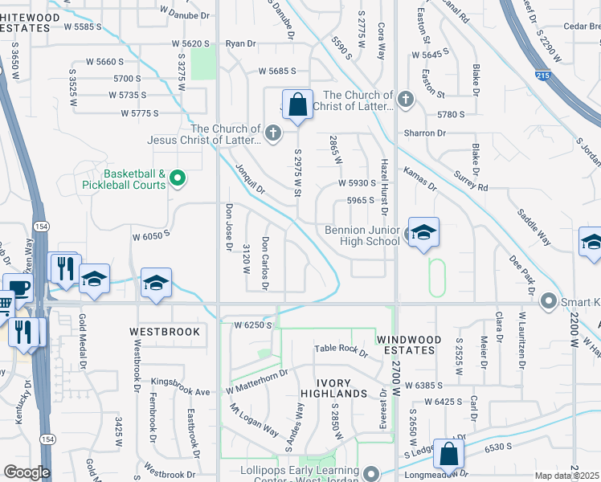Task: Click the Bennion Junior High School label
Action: point(362,236)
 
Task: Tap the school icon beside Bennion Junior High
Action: point(423,233)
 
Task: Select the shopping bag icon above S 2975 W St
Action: point(297,104)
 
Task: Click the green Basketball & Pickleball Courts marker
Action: point(179,178)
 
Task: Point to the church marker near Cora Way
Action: point(406,99)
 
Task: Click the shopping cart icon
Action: point(5,304)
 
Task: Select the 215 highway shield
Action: point(545,75)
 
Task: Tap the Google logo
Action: point(27,472)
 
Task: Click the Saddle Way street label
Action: point(534,228)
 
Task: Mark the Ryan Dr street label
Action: point(240,43)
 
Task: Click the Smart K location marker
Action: point(549,301)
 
